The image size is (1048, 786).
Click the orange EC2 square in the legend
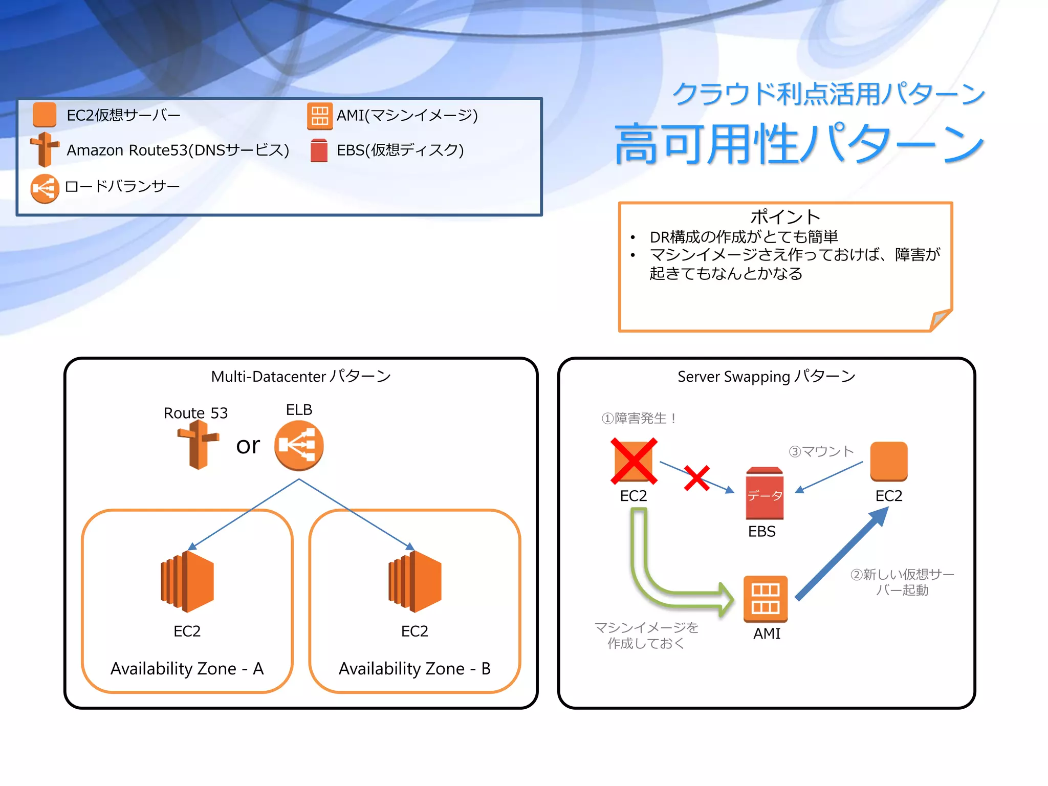point(45,115)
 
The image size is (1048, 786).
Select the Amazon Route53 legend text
point(178,150)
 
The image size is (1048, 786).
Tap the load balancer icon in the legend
point(45,188)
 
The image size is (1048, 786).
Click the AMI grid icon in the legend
point(319,116)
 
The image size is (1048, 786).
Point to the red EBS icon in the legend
point(319,151)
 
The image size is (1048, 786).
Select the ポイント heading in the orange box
point(785,217)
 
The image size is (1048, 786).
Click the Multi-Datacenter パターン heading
point(301,377)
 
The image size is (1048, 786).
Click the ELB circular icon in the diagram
point(299,445)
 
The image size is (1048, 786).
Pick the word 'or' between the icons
point(248,445)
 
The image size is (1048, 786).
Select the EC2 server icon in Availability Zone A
point(187,581)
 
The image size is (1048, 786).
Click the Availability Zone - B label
point(414,669)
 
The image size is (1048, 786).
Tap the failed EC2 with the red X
point(634,461)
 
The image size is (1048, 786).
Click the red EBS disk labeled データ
point(765,494)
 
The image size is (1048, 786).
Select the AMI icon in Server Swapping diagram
point(766,599)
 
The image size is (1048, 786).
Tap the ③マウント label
point(821,451)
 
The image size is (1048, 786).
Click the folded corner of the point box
point(941,319)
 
